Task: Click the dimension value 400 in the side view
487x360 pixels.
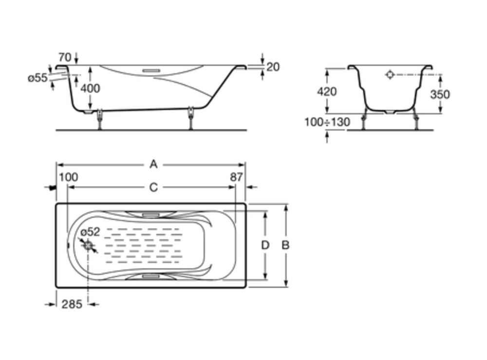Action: click(x=90, y=89)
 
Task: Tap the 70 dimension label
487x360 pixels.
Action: click(x=65, y=57)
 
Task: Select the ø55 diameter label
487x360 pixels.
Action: click(x=37, y=77)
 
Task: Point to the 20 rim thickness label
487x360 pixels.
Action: click(x=273, y=67)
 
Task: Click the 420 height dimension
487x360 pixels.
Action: click(x=327, y=92)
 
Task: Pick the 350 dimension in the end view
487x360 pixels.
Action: click(x=440, y=94)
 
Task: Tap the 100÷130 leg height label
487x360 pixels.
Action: click(x=327, y=122)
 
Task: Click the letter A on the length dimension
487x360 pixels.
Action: click(x=153, y=164)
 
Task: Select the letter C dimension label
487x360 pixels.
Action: click(x=153, y=187)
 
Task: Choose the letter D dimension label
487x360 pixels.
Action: click(x=264, y=246)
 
